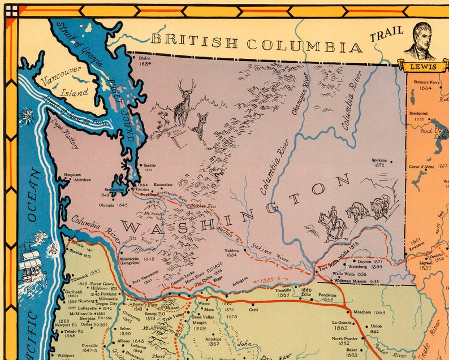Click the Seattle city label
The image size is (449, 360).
(150, 166)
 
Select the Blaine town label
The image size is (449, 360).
(145, 57)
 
